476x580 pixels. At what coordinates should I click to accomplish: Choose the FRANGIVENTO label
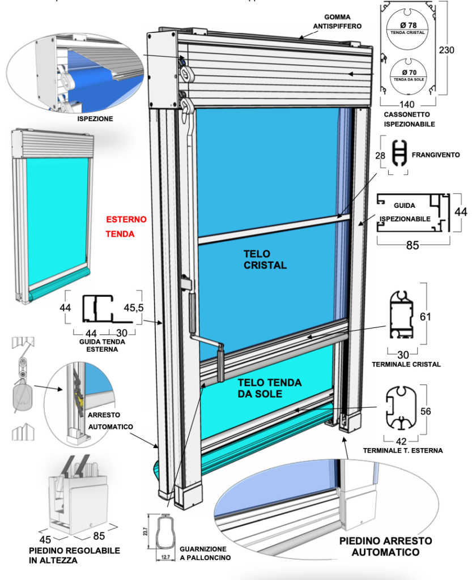click(436, 154)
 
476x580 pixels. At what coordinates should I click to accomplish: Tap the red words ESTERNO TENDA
click(126, 226)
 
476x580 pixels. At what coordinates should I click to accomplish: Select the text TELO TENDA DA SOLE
click(270, 389)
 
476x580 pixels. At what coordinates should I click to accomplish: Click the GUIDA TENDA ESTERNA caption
click(103, 346)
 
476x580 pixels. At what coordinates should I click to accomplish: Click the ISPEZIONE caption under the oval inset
click(95, 119)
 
